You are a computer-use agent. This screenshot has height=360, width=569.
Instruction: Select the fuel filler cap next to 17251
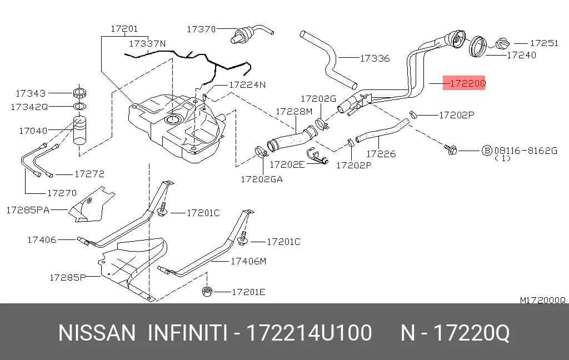(x=502, y=43)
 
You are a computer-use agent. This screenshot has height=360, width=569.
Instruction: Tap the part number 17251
(x=544, y=43)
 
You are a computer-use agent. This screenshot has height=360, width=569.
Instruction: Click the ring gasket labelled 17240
(x=478, y=47)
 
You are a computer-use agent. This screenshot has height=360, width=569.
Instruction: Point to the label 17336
(x=375, y=58)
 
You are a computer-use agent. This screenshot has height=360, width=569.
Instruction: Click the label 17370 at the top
(x=201, y=29)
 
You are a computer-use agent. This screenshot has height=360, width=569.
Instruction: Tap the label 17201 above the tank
(x=124, y=29)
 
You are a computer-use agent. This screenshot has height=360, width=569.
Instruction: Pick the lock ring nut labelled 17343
(x=79, y=93)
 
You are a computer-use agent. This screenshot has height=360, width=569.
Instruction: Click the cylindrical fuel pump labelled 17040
(x=80, y=130)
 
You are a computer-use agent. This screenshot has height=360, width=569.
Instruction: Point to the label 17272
(x=89, y=174)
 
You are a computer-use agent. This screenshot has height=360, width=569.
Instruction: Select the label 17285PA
(x=28, y=210)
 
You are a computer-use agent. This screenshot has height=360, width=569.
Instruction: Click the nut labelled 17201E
(x=207, y=291)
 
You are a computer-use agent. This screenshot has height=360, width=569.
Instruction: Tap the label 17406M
(x=248, y=261)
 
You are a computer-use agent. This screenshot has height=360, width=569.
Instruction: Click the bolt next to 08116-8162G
(x=450, y=149)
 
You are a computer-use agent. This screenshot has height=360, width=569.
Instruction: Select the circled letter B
(x=487, y=150)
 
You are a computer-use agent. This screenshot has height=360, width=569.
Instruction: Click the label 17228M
(x=294, y=112)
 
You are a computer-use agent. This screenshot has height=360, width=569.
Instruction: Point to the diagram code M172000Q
(x=543, y=300)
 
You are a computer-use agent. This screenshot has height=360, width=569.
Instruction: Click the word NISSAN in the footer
(x=97, y=332)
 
